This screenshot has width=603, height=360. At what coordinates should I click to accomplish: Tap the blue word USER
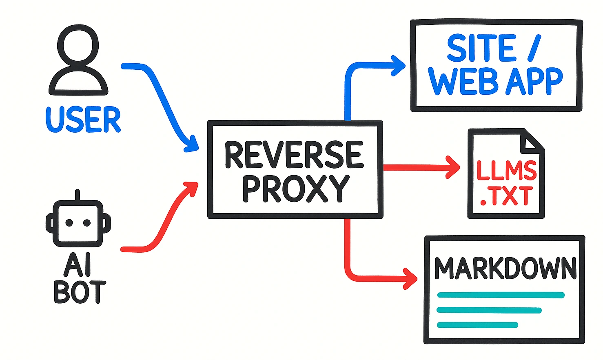pos(83,120)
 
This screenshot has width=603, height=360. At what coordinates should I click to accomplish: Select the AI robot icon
pos(78,222)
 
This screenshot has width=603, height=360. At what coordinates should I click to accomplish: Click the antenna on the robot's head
pos(78,195)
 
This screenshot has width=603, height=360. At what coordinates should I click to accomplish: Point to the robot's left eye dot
pos(69,222)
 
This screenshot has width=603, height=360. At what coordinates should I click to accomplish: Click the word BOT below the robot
pos(80,292)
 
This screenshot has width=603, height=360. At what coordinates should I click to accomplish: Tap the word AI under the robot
pos(78,265)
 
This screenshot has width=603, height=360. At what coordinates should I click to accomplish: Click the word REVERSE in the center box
pos(294,155)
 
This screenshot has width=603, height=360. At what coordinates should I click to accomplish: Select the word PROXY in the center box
pos(295,189)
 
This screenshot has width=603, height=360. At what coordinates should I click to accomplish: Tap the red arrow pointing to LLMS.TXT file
pos(420,167)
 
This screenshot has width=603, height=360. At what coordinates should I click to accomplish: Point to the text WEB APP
pos(496,82)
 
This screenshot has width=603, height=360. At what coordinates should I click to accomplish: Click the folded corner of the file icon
pos(531,141)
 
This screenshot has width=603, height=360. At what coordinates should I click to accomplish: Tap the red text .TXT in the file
pos(506,197)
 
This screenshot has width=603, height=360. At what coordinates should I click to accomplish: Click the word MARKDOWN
pos(505,268)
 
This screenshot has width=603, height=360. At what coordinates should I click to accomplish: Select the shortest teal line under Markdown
pos(477,325)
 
